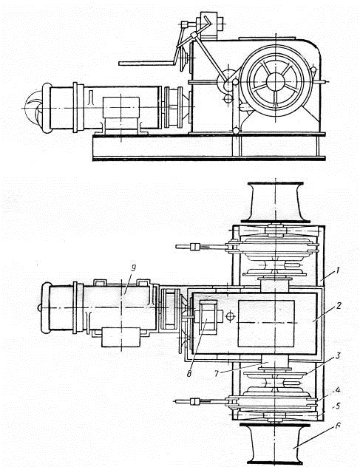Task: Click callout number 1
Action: [337, 271]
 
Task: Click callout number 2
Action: [338, 306]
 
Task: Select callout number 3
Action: [338, 355]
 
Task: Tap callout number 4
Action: [338, 390]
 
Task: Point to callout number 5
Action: [338, 406]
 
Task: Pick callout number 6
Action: [338, 426]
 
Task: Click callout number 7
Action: [217, 373]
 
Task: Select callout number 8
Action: [189, 373]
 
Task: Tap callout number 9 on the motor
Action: [133, 268]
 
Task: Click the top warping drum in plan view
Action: [276, 202]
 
